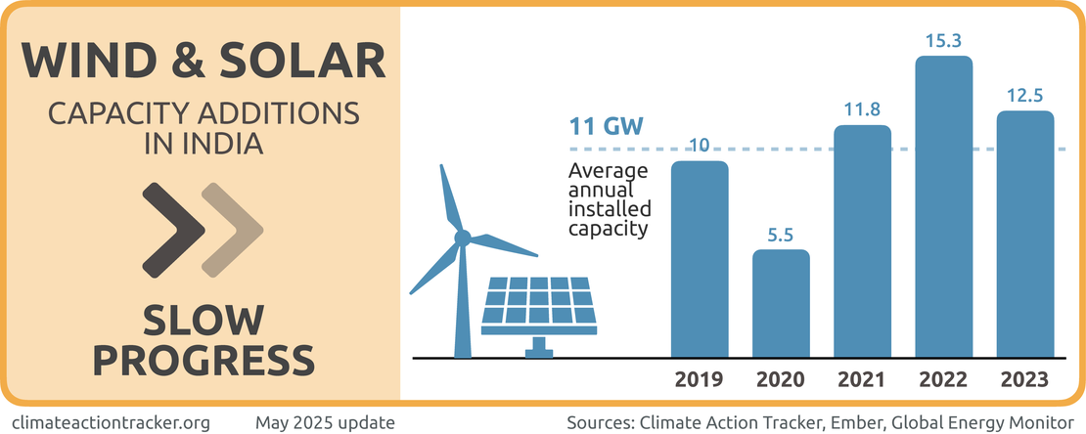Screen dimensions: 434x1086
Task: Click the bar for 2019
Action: coord(700,259)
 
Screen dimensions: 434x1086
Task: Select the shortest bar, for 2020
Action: coord(781,303)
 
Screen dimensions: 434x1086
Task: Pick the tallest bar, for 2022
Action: coord(943,206)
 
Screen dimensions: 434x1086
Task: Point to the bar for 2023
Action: coord(1024,234)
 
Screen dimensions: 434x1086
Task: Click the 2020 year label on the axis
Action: coord(781,379)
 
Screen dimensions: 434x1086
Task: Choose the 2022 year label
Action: coord(943,379)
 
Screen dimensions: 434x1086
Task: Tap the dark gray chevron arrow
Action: coord(172,231)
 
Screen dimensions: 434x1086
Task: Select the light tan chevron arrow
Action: coord(232,231)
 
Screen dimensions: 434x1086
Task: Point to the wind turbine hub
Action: coord(463,237)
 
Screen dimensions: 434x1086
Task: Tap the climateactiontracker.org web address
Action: coord(113,422)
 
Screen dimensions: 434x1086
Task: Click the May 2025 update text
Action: coord(325,422)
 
